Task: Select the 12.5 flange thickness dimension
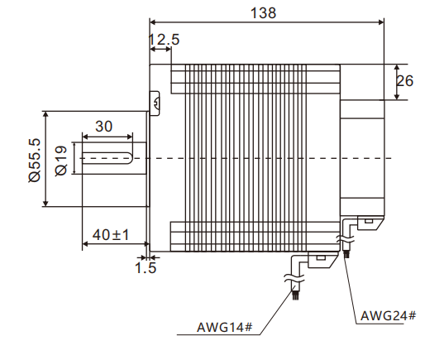coord(164,39)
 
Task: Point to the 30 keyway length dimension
coord(104,126)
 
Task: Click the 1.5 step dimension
coord(146,267)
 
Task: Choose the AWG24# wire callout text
coord(388,315)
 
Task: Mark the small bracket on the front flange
coord(154,103)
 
